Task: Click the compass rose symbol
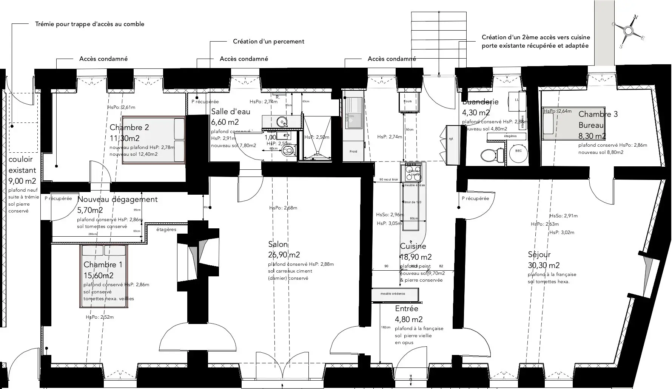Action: point(629,31)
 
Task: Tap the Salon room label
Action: point(278,244)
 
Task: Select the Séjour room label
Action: point(539,254)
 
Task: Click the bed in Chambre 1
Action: point(104,276)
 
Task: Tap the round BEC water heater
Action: point(518,151)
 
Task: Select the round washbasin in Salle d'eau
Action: point(282,122)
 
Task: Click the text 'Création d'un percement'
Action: point(268,42)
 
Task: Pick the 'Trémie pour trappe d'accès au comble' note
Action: point(89,24)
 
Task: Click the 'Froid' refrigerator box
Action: point(353,152)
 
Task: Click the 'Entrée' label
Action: point(407,308)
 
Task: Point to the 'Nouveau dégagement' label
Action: point(117,199)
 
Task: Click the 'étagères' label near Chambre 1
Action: point(166,229)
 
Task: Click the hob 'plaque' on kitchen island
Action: point(412,172)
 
